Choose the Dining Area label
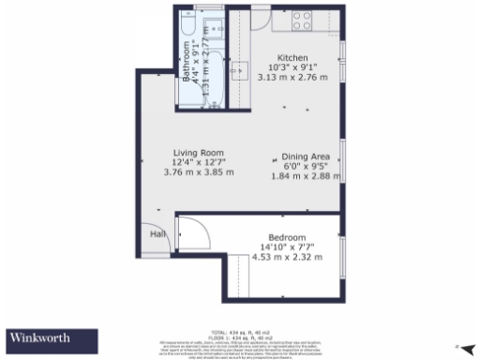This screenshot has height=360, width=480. click(306, 157)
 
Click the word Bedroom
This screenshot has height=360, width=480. click(287, 236)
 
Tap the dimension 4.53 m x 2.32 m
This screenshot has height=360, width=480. click(287, 257)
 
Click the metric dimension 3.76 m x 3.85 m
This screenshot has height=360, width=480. click(199, 173)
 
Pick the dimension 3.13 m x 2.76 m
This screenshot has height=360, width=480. click(292, 77)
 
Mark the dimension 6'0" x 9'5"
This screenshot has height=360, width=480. click(306, 166)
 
